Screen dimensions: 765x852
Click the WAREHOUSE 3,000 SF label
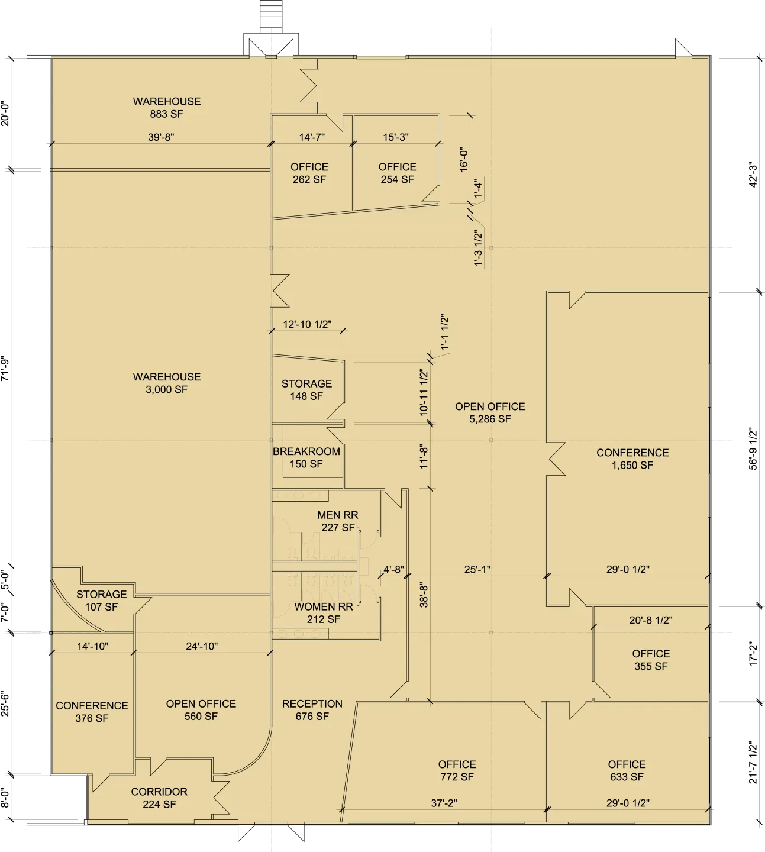(x=166, y=383)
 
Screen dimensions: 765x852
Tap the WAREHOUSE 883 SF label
(x=166, y=107)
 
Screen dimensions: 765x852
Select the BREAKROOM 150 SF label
(x=306, y=457)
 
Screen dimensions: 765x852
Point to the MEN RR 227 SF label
(x=338, y=521)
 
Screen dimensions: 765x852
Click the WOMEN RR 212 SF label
(x=324, y=613)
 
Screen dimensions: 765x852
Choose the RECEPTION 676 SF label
(x=312, y=710)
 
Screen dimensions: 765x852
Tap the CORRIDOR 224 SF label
(x=159, y=798)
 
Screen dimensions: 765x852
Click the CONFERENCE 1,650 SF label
(x=632, y=459)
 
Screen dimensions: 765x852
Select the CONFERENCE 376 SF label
(x=92, y=712)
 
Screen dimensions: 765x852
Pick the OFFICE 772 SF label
(x=457, y=770)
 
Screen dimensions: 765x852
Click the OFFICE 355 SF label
(x=651, y=660)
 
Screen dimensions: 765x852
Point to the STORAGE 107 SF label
(x=101, y=601)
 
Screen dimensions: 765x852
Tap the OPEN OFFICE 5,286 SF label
(x=490, y=412)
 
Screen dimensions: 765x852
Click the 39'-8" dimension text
(x=161, y=137)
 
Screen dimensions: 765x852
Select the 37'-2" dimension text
(x=444, y=803)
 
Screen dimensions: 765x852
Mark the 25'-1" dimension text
(x=477, y=569)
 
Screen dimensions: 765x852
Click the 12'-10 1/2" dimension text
(x=307, y=324)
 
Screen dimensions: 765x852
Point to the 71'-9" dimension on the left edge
(x=5, y=369)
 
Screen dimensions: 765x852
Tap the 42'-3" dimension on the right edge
(x=753, y=174)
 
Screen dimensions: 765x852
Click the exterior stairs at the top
(x=271, y=17)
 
